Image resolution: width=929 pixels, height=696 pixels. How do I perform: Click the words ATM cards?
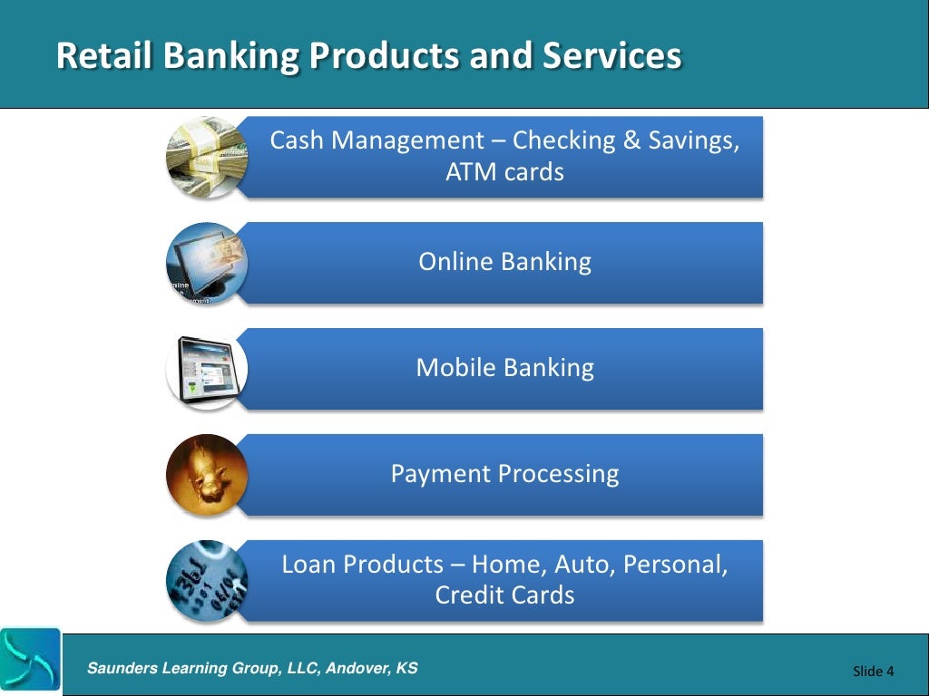coord(504,171)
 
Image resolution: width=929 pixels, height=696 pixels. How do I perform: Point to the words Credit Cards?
coord(504,595)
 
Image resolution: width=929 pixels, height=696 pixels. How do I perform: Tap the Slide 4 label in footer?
coord(873,671)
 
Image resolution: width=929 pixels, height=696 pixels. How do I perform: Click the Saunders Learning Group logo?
coord(30,659)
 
